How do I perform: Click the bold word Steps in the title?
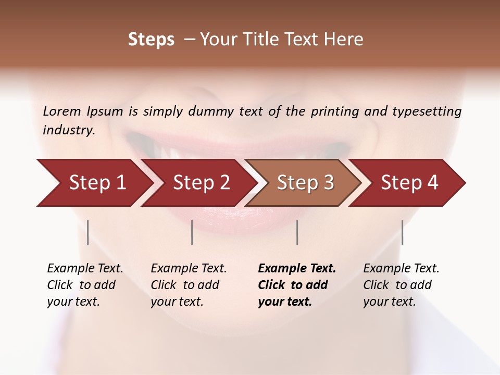click(151, 40)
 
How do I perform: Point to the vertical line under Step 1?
click(88, 232)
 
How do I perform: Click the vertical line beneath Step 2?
click(192, 232)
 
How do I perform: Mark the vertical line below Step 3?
click(297, 232)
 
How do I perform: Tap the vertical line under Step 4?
click(402, 232)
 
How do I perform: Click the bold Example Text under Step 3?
click(297, 269)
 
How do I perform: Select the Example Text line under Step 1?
click(85, 269)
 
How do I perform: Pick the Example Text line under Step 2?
click(189, 269)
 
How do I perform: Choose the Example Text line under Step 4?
click(401, 269)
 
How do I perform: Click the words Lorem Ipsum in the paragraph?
click(83, 111)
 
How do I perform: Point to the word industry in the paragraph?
click(69, 130)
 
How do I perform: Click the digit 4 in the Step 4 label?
click(432, 183)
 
